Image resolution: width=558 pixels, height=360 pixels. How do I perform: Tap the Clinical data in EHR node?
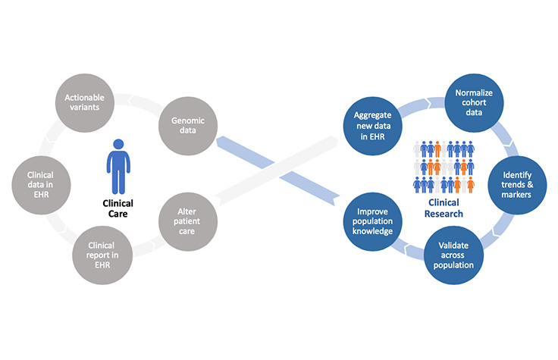click(x=45, y=182)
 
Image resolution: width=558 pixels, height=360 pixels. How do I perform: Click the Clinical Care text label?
click(x=118, y=208)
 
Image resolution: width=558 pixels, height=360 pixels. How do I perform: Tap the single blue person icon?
click(x=118, y=166)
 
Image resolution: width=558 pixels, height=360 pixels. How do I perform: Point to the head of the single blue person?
click(x=118, y=144)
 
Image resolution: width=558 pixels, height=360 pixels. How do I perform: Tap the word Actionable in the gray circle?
click(x=84, y=96)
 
